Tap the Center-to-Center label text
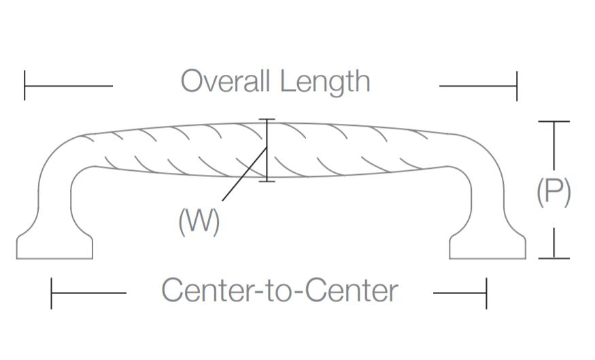pyautogui.click(x=279, y=291)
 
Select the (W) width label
pyautogui.click(x=199, y=222)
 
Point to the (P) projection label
pyautogui.click(x=554, y=193)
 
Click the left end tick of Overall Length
pyautogui.click(x=24, y=86)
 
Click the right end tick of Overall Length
pyautogui.click(x=517, y=86)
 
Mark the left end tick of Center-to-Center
pyautogui.click(x=52, y=293)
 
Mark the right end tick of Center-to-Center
pyautogui.click(x=486, y=293)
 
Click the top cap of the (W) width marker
pyautogui.click(x=267, y=120)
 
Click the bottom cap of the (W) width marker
pyautogui.click(x=267, y=181)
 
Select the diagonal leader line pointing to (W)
pyautogui.click(x=241, y=178)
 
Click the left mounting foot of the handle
pyautogui.click(x=54, y=246)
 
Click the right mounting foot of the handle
pyautogui.click(x=488, y=246)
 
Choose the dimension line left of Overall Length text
pyautogui.click(x=69, y=86)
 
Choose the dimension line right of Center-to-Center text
pyautogui.click(x=459, y=293)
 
